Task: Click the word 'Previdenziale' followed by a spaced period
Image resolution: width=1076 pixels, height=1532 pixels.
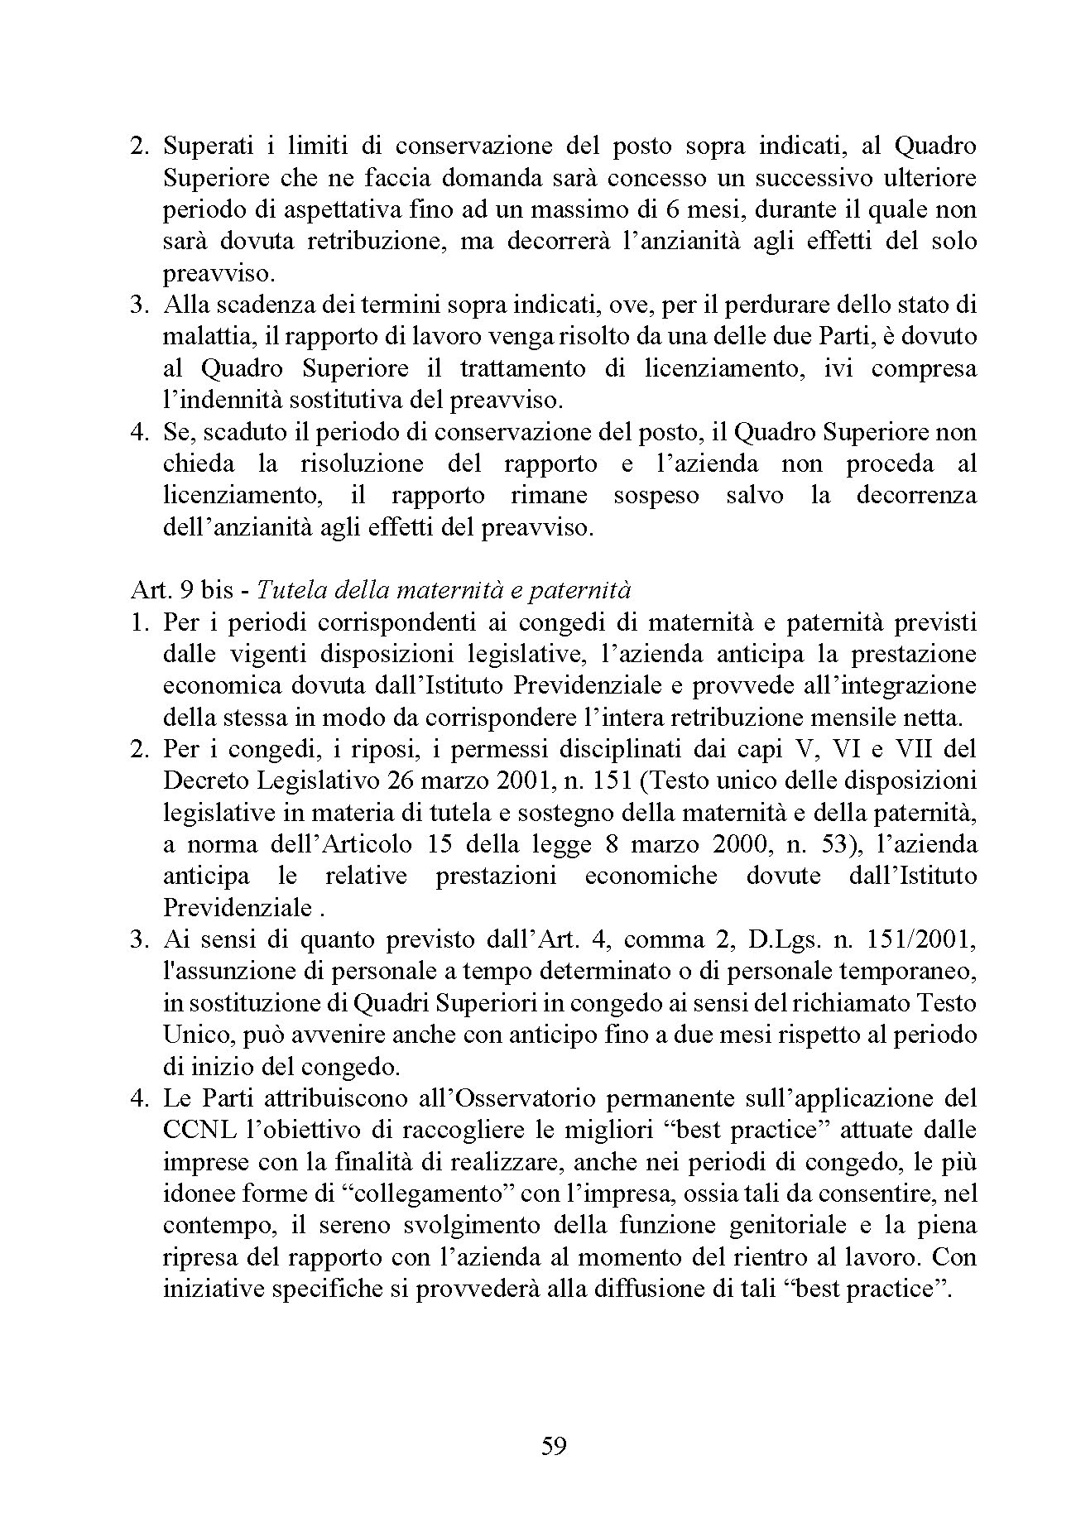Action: click(x=238, y=907)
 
